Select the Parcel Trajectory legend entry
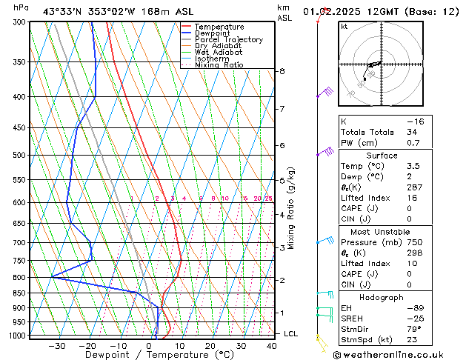coord(228,39)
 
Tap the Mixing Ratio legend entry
coord(219,65)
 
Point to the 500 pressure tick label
coord(19,155)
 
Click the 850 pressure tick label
coord(19,293)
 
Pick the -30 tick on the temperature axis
coord(56,345)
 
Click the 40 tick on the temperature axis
coord(271,345)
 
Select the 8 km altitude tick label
coord(282,71)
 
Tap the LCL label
coord(291,334)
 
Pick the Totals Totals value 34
coord(412,132)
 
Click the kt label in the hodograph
coord(344,27)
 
